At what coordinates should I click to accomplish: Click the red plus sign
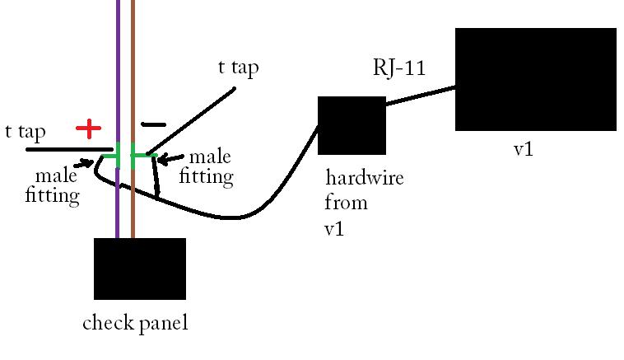click(88, 129)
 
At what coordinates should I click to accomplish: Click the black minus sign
click(152, 125)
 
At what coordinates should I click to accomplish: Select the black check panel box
click(140, 269)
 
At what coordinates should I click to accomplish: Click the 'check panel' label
click(135, 323)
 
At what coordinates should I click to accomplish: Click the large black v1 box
click(535, 79)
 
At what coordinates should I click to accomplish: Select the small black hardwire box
click(352, 125)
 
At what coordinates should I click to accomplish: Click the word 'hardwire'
click(365, 178)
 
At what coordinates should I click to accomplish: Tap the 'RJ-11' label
click(399, 68)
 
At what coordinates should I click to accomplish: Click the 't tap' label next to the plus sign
click(25, 132)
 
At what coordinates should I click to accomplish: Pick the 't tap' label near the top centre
click(238, 68)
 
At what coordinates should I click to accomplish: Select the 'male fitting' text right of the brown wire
click(210, 166)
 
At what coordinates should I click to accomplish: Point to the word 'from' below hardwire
click(346, 203)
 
